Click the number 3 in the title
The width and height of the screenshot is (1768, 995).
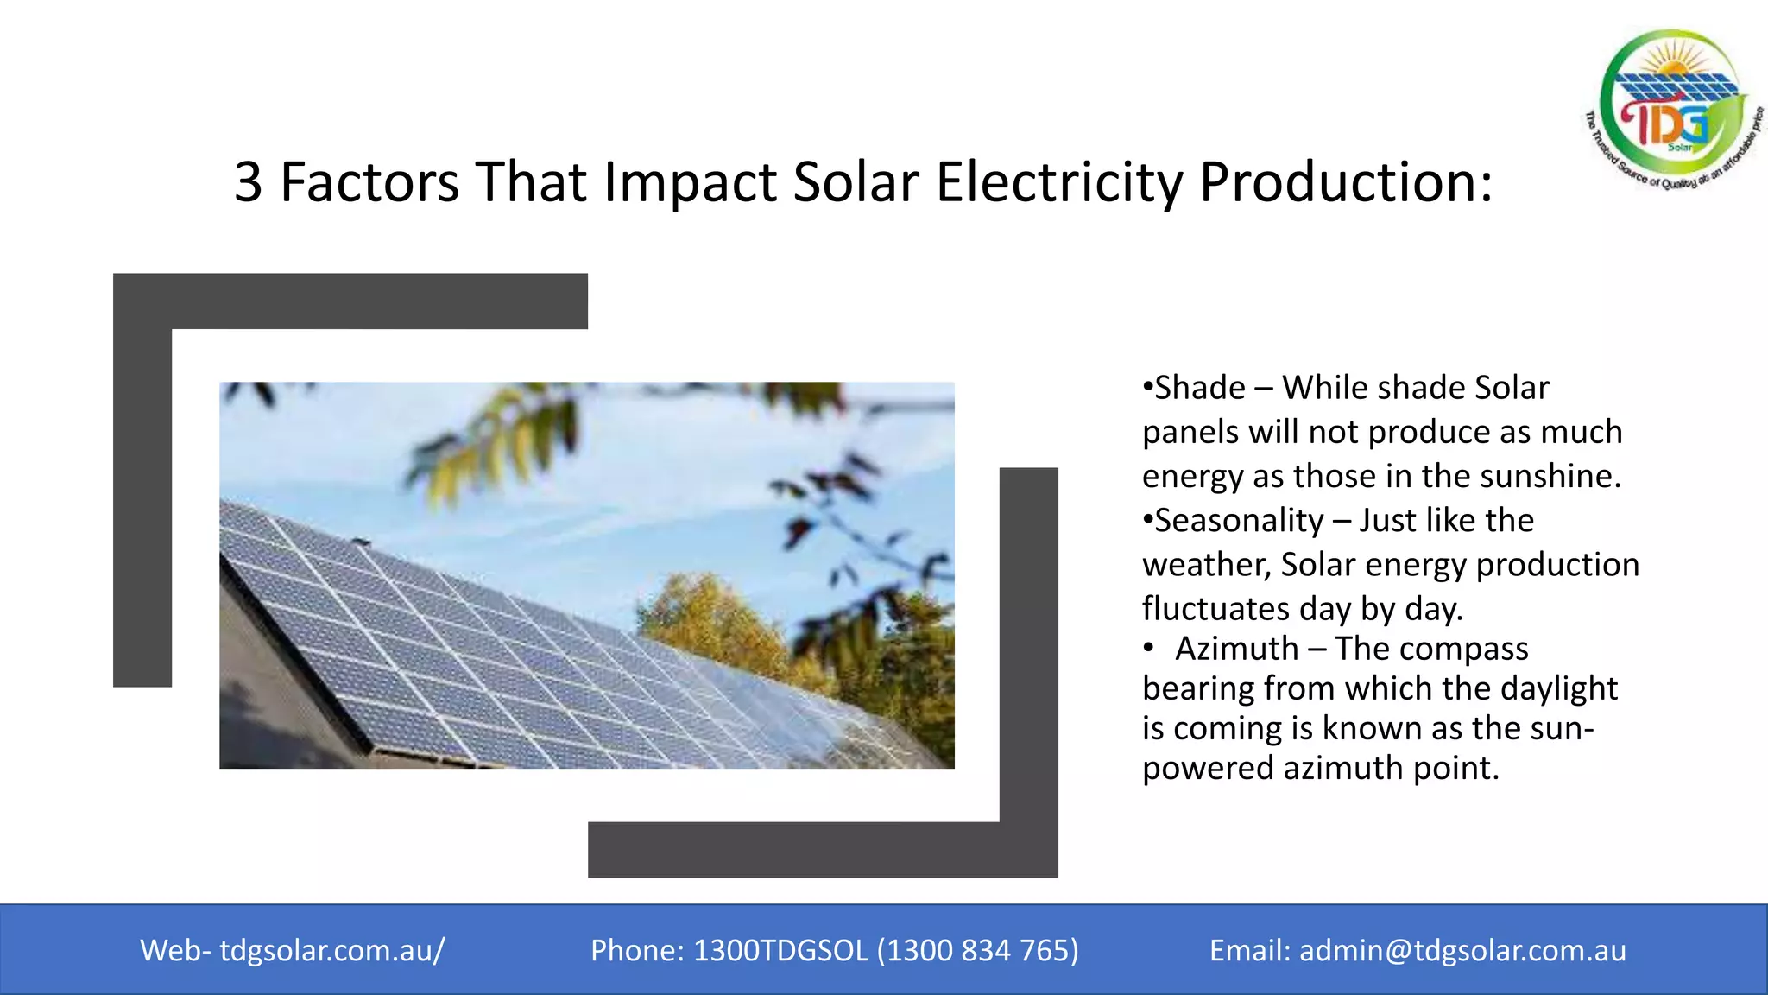pos(248,182)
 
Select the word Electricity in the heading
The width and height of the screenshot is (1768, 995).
pos(1059,182)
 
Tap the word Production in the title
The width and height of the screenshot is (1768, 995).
pos(1345,182)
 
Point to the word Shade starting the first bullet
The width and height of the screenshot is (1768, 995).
pos(1200,388)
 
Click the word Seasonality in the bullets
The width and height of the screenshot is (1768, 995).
pos(1239,521)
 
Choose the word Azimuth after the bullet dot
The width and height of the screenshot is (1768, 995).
pos(1236,649)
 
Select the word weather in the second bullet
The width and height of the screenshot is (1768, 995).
pos(1205,566)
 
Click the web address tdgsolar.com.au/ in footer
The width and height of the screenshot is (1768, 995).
pos(332,950)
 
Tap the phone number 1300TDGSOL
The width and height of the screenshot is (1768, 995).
pos(780,950)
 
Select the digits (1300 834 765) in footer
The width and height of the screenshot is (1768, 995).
pos(977,950)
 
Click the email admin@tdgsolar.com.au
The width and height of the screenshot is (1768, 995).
pos(1462,950)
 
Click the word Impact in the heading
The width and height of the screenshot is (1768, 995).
pos(690,182)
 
